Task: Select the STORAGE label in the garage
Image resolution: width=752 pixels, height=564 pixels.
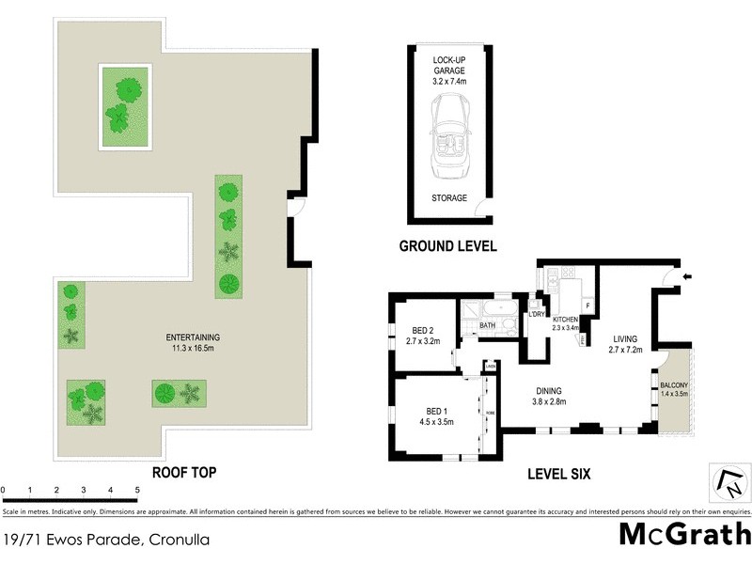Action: (x=448, y=199)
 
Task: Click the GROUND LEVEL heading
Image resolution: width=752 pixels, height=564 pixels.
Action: (x=448, y=247)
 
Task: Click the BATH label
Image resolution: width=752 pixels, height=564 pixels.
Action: (x=487, y=326)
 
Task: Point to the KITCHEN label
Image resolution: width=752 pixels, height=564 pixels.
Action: (x=565, y=321)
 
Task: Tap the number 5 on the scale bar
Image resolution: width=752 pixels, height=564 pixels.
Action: (x=137, y=491)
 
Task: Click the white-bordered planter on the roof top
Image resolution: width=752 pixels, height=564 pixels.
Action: (x=125, y=105)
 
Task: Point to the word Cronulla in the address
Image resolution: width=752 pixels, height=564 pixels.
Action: (x=179, y=540)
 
